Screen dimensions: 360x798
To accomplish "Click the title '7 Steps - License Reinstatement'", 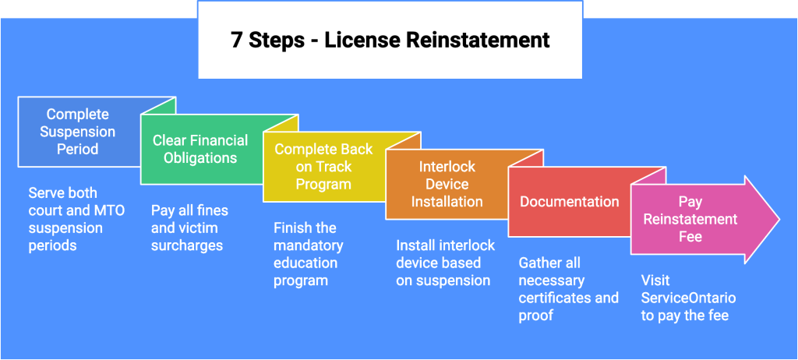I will tap(390, 40).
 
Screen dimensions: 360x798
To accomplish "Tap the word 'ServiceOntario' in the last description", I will tap(688, 298).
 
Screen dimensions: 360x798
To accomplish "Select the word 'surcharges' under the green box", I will tap(187, 245).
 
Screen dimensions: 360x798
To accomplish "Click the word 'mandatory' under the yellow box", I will tap(308, 245).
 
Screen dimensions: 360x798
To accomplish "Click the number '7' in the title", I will tap(236, 40).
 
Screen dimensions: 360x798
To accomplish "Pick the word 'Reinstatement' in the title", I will tap(481, 40).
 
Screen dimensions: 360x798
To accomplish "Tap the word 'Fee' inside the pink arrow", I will tap(690, 236).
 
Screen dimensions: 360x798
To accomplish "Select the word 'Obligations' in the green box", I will tap(200, 158).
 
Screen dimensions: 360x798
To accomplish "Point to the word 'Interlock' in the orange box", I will tap(447, 167).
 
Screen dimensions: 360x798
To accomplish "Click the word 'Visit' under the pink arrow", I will tap(655, 280).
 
